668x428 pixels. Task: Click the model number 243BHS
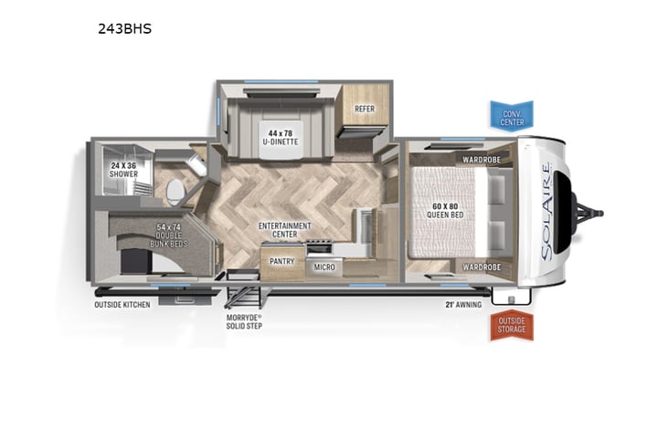pos(125,28)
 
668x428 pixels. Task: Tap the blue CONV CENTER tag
pos(511,116)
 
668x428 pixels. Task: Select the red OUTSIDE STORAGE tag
pos(511,324)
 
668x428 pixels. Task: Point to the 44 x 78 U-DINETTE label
pos(278,136)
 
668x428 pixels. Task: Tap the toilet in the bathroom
pos(175,190)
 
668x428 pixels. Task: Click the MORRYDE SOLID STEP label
pos(244,320)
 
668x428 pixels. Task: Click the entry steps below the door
pos(242,294)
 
